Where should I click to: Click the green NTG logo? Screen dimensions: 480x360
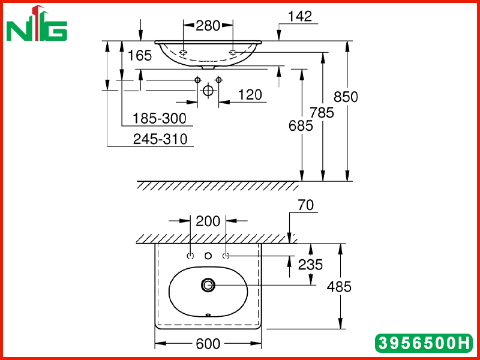click(37, 23)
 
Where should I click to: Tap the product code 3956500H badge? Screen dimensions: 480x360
click(424, 343)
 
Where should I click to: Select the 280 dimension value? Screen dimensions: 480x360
click(208, 26)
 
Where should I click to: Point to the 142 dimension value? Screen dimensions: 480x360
click(300, 16)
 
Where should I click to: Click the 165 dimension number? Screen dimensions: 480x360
click(140, 56)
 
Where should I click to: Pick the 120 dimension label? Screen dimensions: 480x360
click(250, 95)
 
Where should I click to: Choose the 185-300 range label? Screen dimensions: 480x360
click(160, 118)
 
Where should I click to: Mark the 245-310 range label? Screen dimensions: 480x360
click(160, 139)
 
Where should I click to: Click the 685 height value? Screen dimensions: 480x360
click(301, 126)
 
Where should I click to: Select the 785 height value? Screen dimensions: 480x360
click(322, 113)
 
